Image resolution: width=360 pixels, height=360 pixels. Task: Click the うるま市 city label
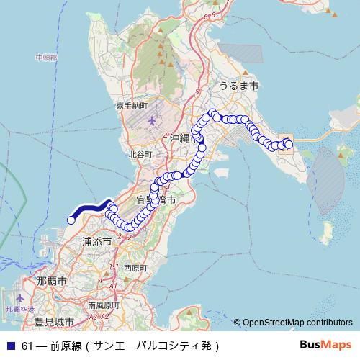coord(238,85)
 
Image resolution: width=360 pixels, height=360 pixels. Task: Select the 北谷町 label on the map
coord(140,153)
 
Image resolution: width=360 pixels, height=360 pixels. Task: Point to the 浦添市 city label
coord(96,242)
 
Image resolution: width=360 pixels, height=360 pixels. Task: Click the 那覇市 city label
coord(51,280)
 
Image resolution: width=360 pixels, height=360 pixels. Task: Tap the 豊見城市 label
coord(49,321)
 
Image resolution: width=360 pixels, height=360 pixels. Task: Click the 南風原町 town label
coord(104,305)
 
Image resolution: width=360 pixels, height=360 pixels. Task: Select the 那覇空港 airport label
coord(20,309)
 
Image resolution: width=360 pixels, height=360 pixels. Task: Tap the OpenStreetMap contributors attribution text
coord(297,323)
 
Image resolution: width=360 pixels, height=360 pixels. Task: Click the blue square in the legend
coord(10,346)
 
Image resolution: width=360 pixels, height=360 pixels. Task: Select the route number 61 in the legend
coord(27,346)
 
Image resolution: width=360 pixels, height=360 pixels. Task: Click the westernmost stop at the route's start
coord(71,220)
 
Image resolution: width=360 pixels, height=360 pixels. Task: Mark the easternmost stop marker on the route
coord(289,145)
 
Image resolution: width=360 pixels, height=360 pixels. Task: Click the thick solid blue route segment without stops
coord(90,208)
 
